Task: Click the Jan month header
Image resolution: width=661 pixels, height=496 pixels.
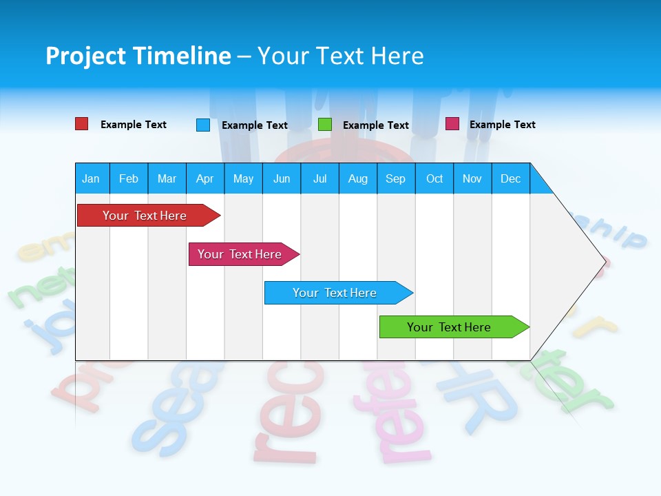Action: [91, 178]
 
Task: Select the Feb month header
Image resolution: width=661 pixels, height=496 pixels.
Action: [129, 178]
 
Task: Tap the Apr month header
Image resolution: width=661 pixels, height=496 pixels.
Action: [204, 178]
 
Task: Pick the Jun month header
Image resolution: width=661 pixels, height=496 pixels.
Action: [282, 178]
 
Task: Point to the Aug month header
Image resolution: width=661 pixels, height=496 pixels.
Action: [358, 178]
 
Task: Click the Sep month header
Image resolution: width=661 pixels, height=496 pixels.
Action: [395, 178]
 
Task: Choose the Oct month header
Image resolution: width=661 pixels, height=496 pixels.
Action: [434, 178]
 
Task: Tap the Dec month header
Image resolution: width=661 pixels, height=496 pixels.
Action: [511, 178]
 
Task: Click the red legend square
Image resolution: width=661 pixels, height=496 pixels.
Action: [81, 124]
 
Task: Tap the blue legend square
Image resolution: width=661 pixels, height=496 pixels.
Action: [203, 125]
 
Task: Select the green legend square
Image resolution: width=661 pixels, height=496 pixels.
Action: [325, 125]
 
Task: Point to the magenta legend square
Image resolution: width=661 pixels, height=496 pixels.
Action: [452, 124]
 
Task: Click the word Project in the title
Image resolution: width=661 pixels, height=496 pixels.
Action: [85, 56]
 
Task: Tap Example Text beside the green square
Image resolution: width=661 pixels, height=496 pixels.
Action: [376, 125]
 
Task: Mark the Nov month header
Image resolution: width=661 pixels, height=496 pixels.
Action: [472, 178]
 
